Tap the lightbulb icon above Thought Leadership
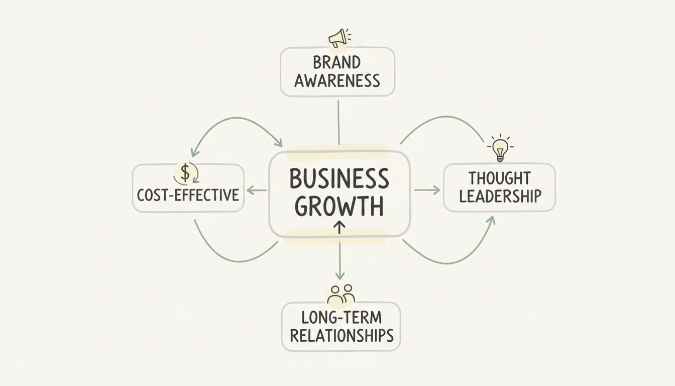[500, 148]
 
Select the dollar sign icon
[185, 173]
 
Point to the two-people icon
[341, 295]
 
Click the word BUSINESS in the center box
[340, 179]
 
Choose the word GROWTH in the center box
[340, 206]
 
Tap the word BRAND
[337, 63]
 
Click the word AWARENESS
[337, 81]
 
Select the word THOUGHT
[499, 178]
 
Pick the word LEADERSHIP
[500, 196]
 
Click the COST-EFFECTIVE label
[188, 195]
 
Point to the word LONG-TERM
[342, 318]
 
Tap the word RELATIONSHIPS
[342, 335]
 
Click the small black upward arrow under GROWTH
[340, 227]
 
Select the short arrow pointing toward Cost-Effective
[257, 190]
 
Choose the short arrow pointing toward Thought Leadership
[427, 190]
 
